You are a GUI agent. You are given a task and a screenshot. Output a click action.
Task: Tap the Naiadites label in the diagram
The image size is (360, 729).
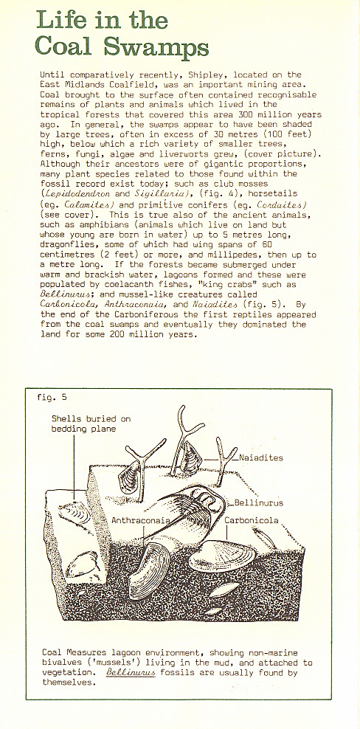[261, 458]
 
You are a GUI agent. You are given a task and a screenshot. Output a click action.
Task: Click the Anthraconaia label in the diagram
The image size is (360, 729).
[140, 520]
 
